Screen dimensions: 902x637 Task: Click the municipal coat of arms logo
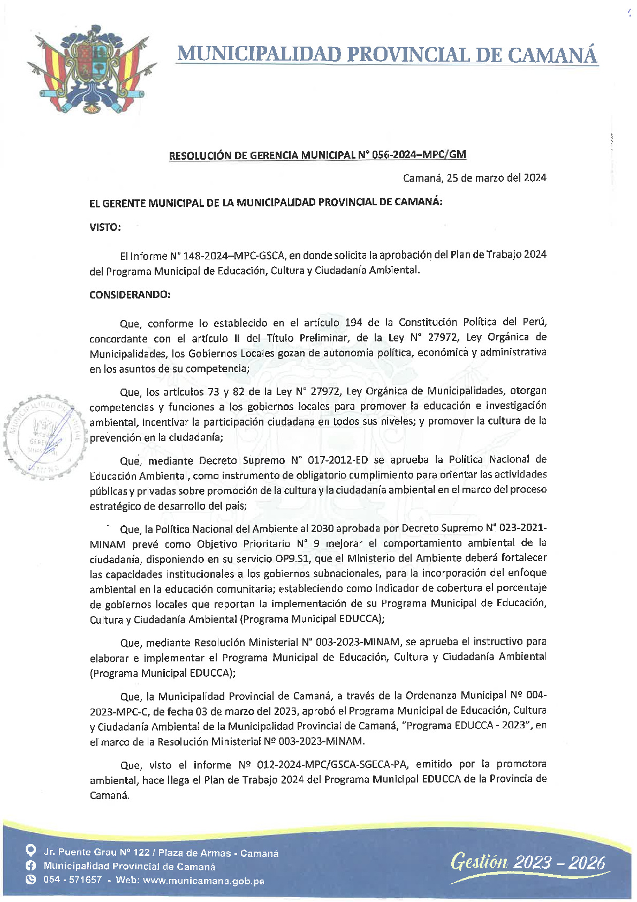90,69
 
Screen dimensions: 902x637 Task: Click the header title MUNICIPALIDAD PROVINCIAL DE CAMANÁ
386,55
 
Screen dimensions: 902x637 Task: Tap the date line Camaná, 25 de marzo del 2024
474,178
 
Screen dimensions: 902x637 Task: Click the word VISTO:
105,227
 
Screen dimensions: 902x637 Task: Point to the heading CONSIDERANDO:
130,295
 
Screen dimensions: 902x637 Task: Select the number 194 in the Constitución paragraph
353,323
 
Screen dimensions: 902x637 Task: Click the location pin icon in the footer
31,851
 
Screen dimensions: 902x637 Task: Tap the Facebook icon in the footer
31,866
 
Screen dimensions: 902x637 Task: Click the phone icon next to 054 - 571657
31,879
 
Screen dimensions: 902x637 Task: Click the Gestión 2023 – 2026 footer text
528,862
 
